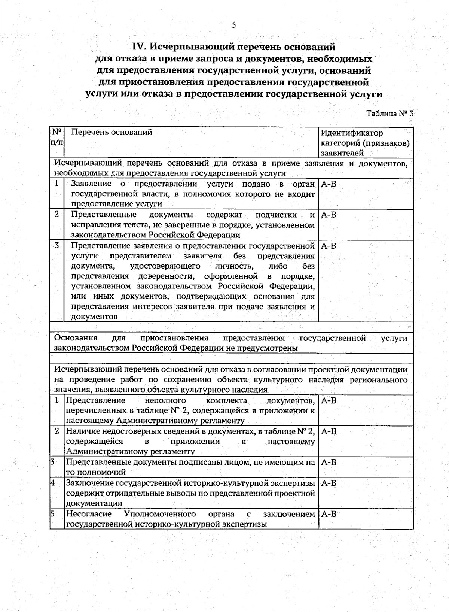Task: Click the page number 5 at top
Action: [x=234, y=25]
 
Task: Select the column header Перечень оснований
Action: [x=112, y=132]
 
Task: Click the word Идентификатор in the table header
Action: [x=352, y=133]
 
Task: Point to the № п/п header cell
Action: [x=57, y=137]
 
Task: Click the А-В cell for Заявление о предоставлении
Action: [x=329, y=184]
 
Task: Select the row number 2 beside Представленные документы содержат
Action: [x=56, y=215]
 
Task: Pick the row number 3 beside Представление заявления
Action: [x=56, y=246]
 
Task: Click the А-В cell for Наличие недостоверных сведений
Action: [x=329, y=431]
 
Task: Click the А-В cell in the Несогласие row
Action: [x=329, y=514]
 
